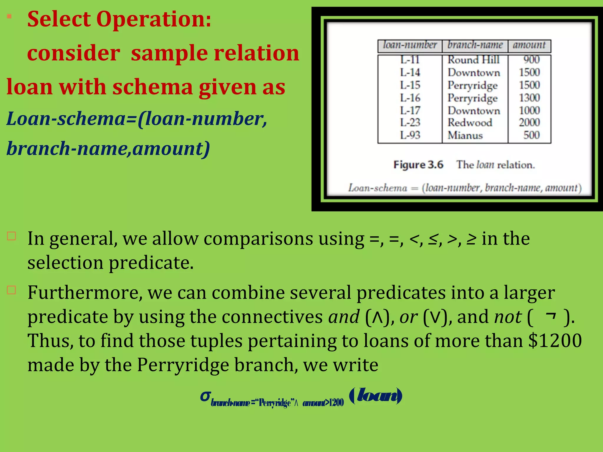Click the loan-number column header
click(410, 45)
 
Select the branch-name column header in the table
click(475, 45)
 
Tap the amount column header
click(529, 45)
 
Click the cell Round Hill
click(473, 60)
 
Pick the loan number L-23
click(410, 122)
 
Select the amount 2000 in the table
click(529, 122)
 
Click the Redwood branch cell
click(470, 122)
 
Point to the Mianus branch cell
click(465, 135)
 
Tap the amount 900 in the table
click(531, 60)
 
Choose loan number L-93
click(410, 135)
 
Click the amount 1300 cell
click(529, 98)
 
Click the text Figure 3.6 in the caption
click(418, 165)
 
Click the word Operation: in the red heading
click(154, 19)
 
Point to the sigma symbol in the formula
click(205, 396)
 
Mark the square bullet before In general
click(11, 236)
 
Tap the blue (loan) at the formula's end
click(376, 395)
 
